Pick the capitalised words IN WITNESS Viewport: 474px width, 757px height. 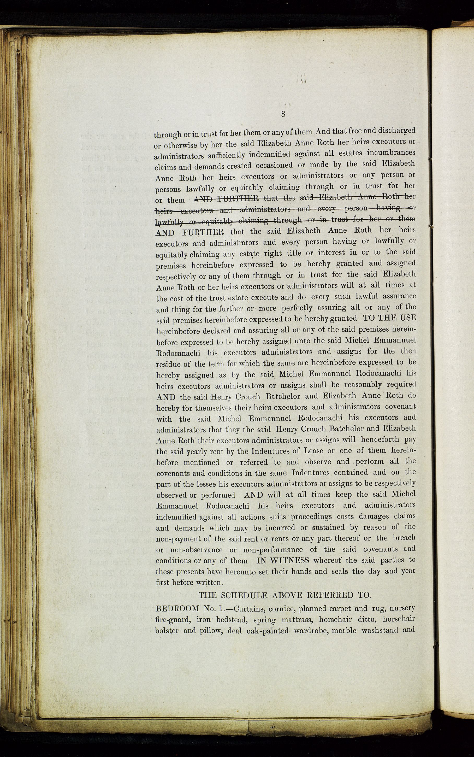[x=282, y=560]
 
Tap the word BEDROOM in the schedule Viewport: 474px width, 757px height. [x=177, y=609]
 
